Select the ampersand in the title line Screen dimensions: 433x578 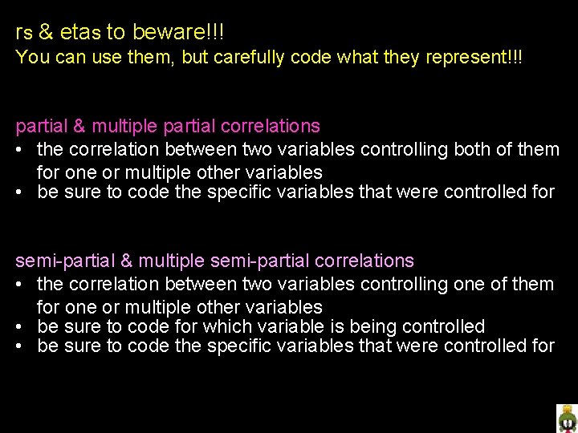[47, 33]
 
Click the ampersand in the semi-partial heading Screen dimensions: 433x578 [128, 261]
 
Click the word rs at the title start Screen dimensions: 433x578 [22, 34]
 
